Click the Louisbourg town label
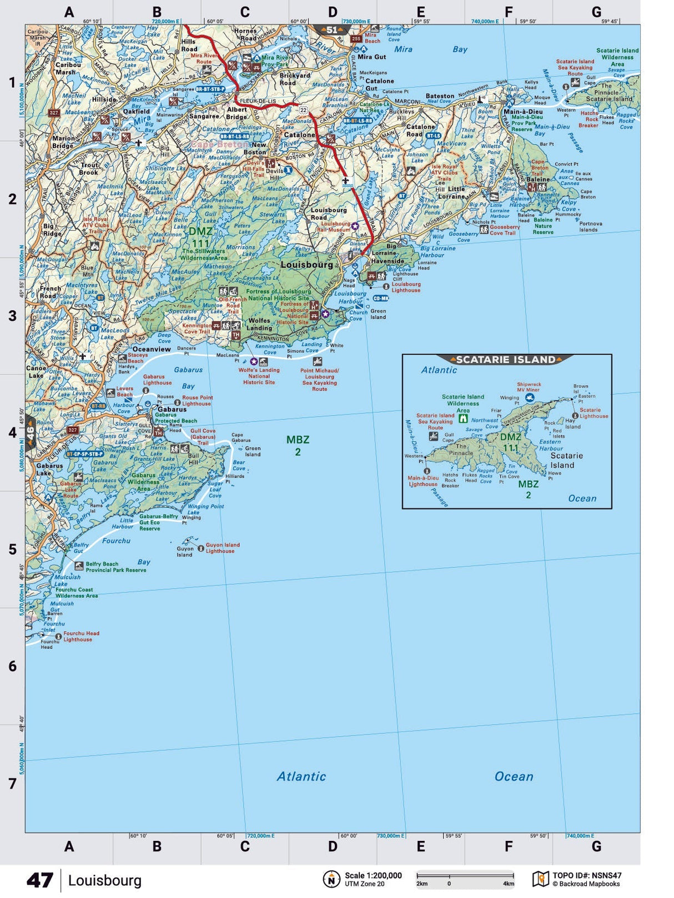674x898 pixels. click(306, 265)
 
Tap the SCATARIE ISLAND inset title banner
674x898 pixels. click(506, 360)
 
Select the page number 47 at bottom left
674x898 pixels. click(40, 880)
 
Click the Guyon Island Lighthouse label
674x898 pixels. click(223, 548)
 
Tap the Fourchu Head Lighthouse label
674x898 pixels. click(81, 636)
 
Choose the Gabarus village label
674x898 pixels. click(172, 409)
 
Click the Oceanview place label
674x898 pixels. click(152, 349)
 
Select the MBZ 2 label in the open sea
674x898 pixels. click(298, 446)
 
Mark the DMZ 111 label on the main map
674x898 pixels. click(200, 238)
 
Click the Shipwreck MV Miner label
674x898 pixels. click(528, 387)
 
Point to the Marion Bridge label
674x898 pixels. click(63, 142)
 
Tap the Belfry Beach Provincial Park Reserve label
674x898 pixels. click(115, 567)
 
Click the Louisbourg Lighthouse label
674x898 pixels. click(406, 287)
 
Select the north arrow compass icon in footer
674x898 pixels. click(331, 879)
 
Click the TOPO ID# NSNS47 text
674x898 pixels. click(587, 876)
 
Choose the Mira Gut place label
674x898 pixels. click(371, 57)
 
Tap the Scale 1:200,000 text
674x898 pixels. click(373, 875)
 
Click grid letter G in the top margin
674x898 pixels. click(596, 12)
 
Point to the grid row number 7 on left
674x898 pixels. click(12, 783)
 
